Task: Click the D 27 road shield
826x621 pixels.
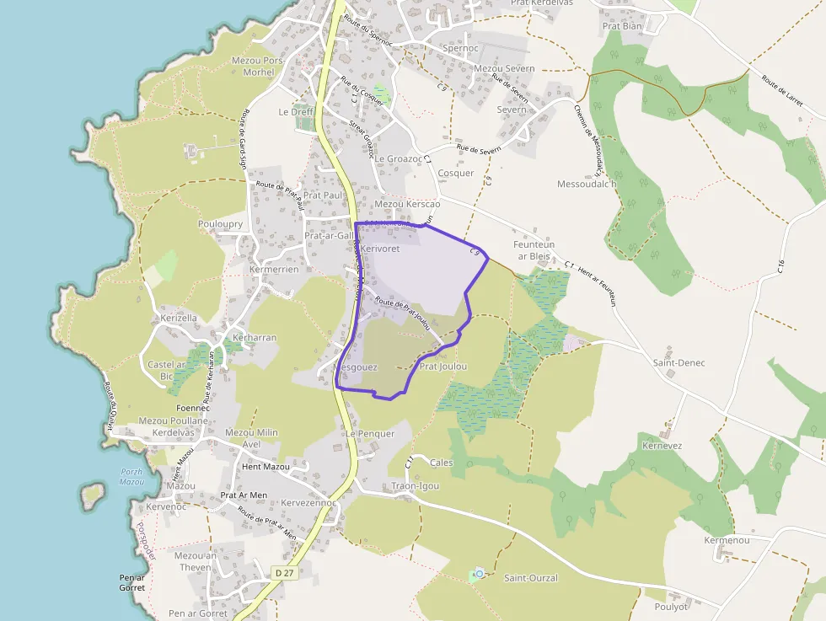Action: [x=284, y=573]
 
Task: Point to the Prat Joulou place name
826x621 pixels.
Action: [x=442, y=367]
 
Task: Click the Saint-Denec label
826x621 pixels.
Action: [x=678, y=362]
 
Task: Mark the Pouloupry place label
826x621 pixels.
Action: [x=220, y=225]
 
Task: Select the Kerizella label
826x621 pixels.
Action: [x=179, y=319]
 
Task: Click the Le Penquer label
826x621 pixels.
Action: [x=370, y=434]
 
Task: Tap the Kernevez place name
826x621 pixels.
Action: [x=662, y=445]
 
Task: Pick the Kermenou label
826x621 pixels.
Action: [x=727, y=540]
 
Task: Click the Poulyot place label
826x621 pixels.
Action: [x=671, y=607]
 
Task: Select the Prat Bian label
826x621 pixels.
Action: [x=622, y=26]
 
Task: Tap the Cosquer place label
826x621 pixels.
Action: [x=456, y=174]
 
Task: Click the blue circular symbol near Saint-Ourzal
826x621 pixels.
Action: [x=479, y=574]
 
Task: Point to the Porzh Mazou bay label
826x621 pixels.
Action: [x=131, y=477]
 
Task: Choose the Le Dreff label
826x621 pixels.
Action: [x=295, y=112]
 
